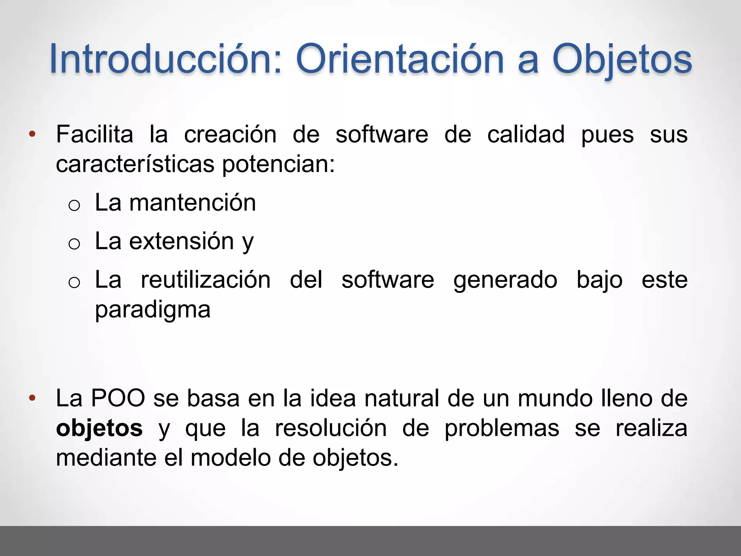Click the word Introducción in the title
(165, 59)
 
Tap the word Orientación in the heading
(400, 59)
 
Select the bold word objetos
(99, 428)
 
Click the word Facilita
(95, 134)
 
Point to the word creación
(230, 134)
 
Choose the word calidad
(526, 134)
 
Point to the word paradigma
(153, 310)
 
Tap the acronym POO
(118, 399)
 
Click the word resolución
(331, 428)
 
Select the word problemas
(502, 428)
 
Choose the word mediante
(107, 458)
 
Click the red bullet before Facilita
(32, 134)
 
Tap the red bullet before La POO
(32, 399)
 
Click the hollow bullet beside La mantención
(74, 206)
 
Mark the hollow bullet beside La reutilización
(74, 282)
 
